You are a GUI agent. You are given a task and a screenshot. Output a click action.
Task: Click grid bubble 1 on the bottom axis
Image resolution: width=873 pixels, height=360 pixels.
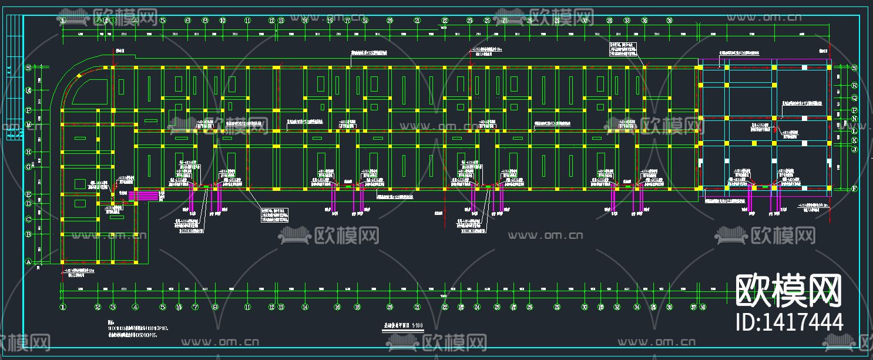[63, 307]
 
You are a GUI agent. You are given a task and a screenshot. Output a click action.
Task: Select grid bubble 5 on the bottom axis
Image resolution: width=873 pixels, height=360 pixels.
[163, 307]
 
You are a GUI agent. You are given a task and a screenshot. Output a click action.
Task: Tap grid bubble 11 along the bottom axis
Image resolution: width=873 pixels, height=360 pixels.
[247, 307]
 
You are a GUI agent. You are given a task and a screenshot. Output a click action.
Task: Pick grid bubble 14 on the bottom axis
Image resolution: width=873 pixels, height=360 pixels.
[304, 307]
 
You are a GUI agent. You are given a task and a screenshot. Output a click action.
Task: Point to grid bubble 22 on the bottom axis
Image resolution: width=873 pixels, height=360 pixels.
[445, 307]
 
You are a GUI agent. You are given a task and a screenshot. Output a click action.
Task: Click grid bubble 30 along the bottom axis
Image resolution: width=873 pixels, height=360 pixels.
[585, 307]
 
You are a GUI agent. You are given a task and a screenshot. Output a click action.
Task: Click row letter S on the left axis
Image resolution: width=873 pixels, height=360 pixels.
[28, 68]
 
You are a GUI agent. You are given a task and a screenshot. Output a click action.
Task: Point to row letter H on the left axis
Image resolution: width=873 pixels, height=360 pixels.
[28, 152]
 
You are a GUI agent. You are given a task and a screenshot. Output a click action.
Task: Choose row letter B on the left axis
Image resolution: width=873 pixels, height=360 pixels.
[28, 234]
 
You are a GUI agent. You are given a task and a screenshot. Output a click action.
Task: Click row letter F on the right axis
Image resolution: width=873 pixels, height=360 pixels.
[855, 189]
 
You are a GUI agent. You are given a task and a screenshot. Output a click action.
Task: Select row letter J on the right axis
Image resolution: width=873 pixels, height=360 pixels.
[855, 150]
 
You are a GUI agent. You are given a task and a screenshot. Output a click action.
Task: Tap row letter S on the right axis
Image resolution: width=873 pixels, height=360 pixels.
[855, 68]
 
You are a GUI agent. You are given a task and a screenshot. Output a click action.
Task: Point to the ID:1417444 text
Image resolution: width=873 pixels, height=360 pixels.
[790, 322]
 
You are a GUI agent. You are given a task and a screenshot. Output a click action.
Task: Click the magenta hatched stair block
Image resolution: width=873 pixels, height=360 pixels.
[144, 195]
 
